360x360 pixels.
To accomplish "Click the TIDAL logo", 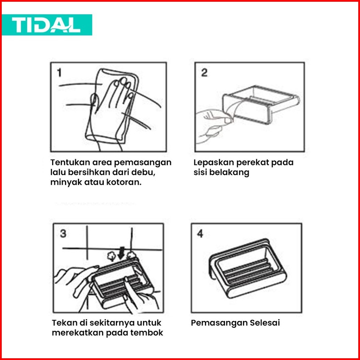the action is pos(47,25).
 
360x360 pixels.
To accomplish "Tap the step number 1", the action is pos(60,73).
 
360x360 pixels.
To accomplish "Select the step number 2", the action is pos(204,72).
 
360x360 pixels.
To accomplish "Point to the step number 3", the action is pos(63,234).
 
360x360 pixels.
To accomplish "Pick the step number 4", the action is pos(200,234).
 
